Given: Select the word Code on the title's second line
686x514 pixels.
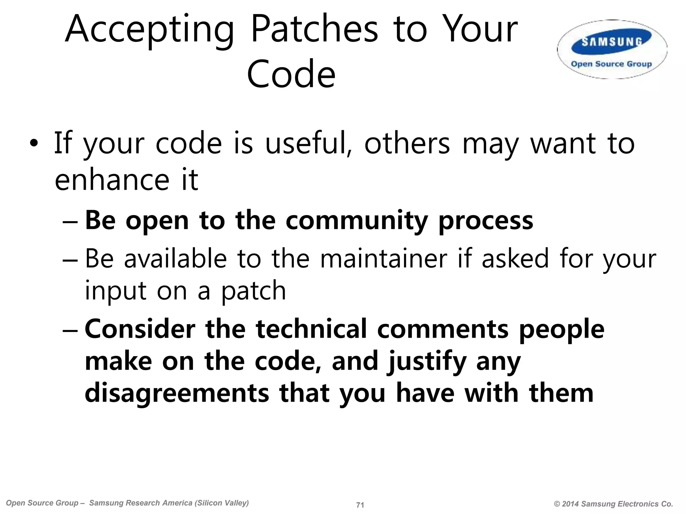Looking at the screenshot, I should (291, 74).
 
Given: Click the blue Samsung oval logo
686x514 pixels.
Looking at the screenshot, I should (612, 41).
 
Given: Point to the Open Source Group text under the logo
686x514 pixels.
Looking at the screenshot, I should (611, 64).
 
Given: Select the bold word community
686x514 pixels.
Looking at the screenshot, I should (356, 222).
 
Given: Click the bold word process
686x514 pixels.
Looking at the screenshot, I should (486, 222).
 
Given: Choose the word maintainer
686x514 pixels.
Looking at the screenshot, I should (384, 259).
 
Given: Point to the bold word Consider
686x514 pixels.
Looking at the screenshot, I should (140, 329).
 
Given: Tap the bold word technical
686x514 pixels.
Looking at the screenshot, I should (311, 329).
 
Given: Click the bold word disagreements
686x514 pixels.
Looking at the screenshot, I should (177, 394).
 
